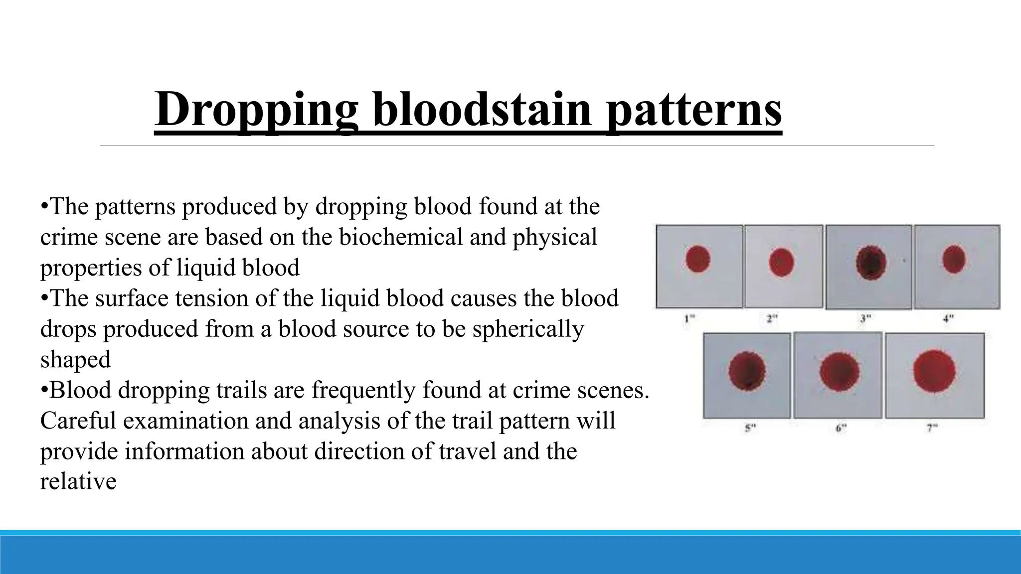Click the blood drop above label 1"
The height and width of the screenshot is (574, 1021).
click(698, 259)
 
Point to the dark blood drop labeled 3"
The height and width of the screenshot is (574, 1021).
click(871, 263)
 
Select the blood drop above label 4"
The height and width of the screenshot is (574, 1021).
click(954, 259)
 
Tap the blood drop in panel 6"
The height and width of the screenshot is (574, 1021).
click(840, 372)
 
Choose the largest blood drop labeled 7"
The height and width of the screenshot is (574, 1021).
click(934, 371)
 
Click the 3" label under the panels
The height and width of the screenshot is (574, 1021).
click(865, 318)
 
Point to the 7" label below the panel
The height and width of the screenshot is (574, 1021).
click(932, 428)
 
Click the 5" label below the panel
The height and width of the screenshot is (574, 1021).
click(750, 428)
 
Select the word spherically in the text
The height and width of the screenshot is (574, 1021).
click(528, 329)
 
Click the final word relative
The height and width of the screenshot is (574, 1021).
click(78, 481)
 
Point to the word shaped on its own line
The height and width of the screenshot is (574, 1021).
click(75, 360)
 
